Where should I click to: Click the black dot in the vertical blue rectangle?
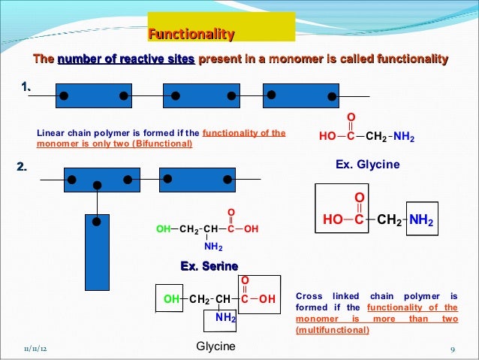(x=96, y=221)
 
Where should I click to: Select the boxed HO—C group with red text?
(x=344, y=220)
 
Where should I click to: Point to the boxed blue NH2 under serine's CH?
(x=225, y=318)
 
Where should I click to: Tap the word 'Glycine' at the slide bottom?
(x=215, y=346)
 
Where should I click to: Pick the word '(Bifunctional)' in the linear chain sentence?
(x=162, y=144)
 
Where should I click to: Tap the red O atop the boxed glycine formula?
(x=359, y=198)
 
